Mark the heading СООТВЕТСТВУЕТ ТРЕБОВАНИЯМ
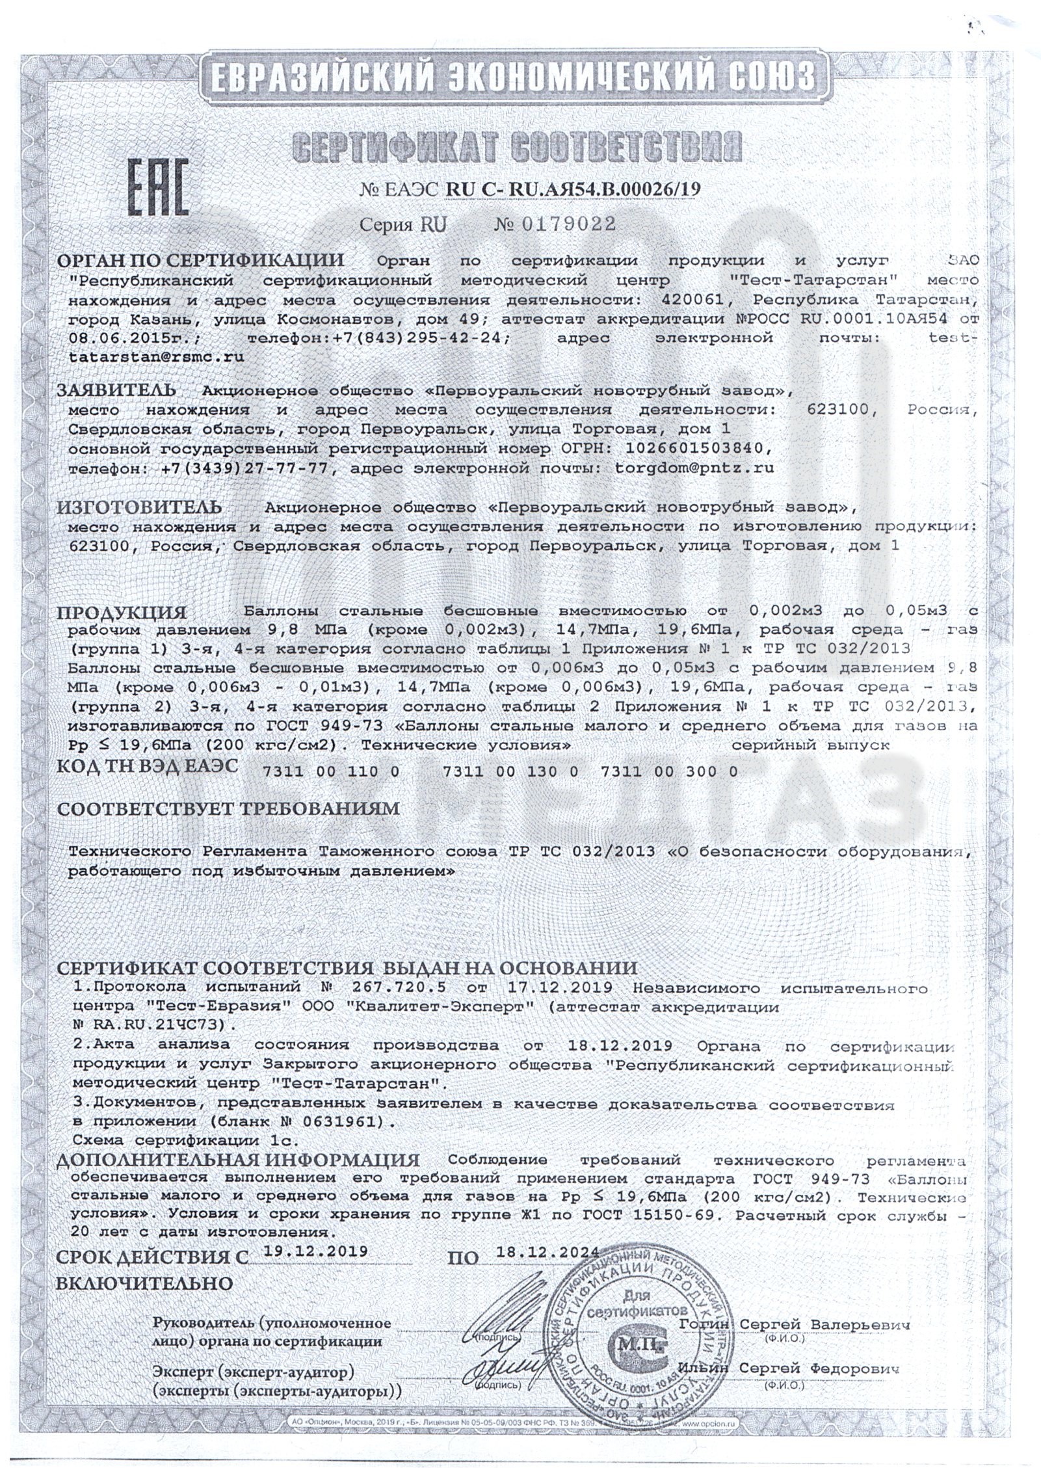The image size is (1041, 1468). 227,809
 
